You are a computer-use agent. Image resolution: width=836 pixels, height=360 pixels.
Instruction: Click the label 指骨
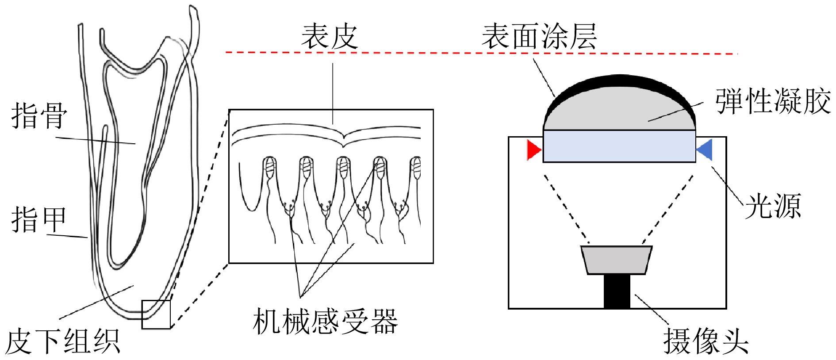point(39,116)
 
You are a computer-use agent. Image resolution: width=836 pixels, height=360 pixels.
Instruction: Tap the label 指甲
point(39,220)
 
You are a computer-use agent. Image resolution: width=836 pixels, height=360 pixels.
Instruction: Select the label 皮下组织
point(63,341)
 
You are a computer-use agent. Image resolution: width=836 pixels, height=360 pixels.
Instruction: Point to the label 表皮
point(330,37)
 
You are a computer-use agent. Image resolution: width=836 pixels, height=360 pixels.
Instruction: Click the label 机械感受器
point(325,322)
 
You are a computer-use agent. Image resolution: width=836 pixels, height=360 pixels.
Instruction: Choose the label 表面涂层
point(539,37)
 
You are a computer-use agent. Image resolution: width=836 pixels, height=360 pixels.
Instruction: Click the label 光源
point(773,206)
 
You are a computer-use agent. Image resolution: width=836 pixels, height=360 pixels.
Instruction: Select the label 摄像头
point(706,341)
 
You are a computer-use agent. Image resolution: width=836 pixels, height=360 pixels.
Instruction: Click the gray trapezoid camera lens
point(617,260)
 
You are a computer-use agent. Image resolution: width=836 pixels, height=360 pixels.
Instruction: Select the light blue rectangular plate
point(619,146)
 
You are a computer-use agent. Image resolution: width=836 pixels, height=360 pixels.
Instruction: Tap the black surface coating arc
point(619,80)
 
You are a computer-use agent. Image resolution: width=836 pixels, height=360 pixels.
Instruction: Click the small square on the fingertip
point(156,314)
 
